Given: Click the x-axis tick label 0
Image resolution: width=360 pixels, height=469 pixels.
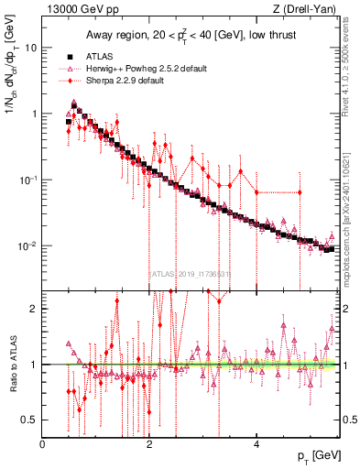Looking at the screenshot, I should pyautogui.click(x=43, y=443).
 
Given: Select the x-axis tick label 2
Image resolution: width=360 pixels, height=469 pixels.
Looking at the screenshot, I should pyautogui.click(x=149, y=443).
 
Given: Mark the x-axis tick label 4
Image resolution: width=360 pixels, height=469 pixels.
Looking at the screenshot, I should pyautogui.click(x=256, y=443).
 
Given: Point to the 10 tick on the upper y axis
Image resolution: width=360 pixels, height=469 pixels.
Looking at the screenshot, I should pyautogui.click(x=30, y=47).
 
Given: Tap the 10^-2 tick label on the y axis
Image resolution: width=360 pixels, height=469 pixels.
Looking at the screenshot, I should pyautogui.click(x=27, y=246).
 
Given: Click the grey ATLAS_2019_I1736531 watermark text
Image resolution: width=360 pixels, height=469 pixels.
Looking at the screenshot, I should pyautogui.click(x=190, y=273).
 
